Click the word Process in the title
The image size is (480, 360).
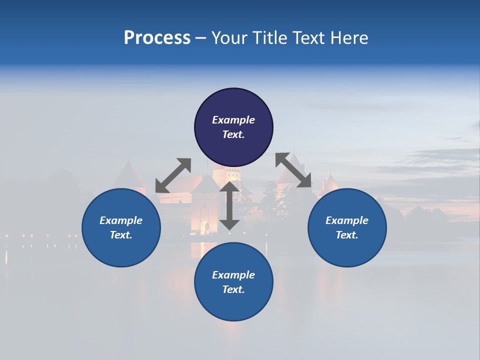[157, 38]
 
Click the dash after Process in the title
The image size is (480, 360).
[200, 38]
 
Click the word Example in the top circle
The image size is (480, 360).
[233, 120]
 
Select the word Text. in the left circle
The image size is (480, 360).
[121, 235]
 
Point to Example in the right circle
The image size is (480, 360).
[347, 220]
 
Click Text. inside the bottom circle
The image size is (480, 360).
[233, 289]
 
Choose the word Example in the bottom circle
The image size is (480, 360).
[233, 275]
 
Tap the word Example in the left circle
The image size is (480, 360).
[121, 220]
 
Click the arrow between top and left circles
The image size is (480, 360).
[173, 175]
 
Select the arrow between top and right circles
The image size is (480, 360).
[293, 170]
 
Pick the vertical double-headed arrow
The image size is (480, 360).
[229, 206]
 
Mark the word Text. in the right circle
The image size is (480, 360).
[347, 235]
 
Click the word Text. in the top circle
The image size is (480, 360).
[233, 134]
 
